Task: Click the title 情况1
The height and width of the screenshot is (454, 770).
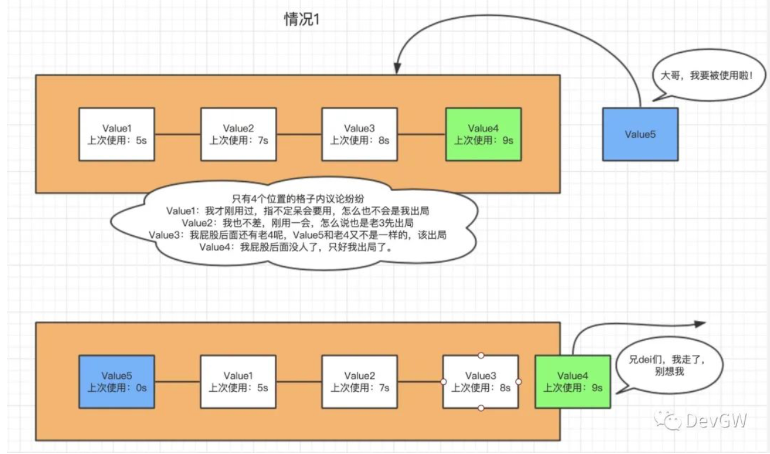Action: (x=301, y=19)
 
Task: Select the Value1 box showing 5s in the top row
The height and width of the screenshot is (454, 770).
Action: (x=117, y=134)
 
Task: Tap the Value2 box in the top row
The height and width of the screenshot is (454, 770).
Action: (x=238, y=134)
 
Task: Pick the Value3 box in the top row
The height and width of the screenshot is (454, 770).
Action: (x=359, y=134)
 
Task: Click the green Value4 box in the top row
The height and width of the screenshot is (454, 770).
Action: (x=483, y=134)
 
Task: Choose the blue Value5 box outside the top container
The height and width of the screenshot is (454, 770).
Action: (x=640, y=134)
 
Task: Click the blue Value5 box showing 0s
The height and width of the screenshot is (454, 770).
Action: (x=117, y=381)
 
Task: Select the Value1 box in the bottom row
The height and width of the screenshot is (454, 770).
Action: (x=238, y=381)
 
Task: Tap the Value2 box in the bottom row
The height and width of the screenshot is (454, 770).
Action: (x=359, y=381)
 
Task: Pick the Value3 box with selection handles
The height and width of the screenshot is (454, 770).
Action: (x=481, y=381)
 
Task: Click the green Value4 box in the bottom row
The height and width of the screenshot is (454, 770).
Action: (x=572, y=381)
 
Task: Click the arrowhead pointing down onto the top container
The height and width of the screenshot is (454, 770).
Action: (x=397, y=68)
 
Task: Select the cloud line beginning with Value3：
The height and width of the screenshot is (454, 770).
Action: (x=298, y=235)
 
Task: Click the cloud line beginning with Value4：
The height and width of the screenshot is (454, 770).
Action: (x=295, y=247)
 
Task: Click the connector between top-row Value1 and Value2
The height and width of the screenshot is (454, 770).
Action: (x=178, y=135)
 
